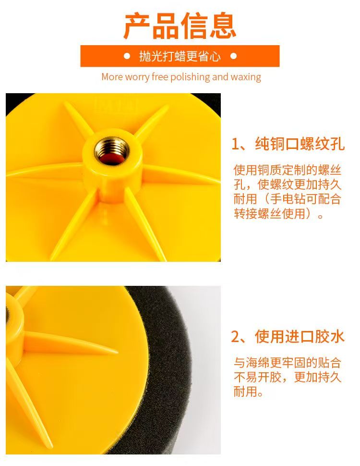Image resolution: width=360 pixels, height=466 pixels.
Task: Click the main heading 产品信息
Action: coord(180,26)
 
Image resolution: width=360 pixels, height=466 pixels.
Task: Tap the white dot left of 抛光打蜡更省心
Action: coord(127,56)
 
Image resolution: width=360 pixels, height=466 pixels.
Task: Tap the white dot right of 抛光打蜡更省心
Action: coord(233,56)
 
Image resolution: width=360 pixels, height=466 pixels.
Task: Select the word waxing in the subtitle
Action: coord(246,77)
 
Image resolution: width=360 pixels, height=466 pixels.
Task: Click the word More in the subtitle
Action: coord(112,77)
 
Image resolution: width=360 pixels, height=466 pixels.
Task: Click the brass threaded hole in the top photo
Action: coord(112,151)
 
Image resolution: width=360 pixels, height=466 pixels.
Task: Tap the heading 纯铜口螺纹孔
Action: coord(300,144)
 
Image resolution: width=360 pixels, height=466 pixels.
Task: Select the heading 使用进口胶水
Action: coord(300,337)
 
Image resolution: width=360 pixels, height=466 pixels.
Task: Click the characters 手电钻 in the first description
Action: coord(288,199)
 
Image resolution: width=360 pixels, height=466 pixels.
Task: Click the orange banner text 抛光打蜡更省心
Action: coord(180,56)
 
